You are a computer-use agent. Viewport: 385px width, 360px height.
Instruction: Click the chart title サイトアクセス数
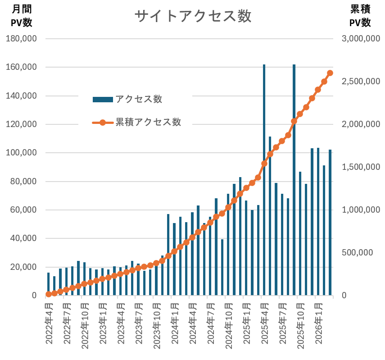coord(193,17)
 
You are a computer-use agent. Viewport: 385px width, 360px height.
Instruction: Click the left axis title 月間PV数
coord(22,16)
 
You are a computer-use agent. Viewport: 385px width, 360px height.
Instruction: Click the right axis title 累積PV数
coord(360,16)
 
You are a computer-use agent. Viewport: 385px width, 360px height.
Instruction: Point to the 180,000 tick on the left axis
coord(21,39)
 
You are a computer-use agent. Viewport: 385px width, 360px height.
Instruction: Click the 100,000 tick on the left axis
coord(21,153)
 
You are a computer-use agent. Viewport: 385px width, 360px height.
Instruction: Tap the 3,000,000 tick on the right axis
coord(361,39)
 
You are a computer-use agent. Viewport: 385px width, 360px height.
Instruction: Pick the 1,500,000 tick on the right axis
coord(361,167)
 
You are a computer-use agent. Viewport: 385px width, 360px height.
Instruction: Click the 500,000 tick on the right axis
coord(358,253)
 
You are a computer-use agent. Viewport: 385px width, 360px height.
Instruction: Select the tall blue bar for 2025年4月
coord(264,180)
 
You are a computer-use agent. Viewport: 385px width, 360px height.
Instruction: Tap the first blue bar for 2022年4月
coord(49,284)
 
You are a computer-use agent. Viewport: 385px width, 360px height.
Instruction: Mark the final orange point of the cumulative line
coord(330,73)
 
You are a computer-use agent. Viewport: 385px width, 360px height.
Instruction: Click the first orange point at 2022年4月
coord(49,294)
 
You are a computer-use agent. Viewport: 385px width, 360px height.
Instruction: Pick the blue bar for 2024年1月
coord(174,259)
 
